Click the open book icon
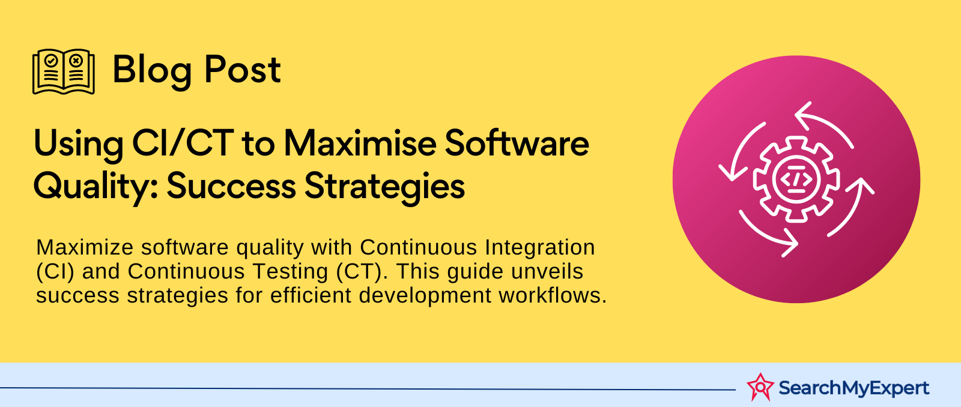click(x=64, y=71)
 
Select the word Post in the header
click(x=243, y=70)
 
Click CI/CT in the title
click(x=183, y=143)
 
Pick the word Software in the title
click(x=517, y=143)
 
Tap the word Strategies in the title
click(x=385, y=187)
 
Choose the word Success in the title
click(x=231, y=186)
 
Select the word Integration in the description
click(x=540, y=247)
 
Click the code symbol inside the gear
click(x=796, y=179)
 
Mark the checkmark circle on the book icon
click(x=51, y=61)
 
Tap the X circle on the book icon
click(x=76, y=61)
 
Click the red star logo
click(x=760, y=387)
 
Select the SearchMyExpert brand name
click(x=853, y=388)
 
